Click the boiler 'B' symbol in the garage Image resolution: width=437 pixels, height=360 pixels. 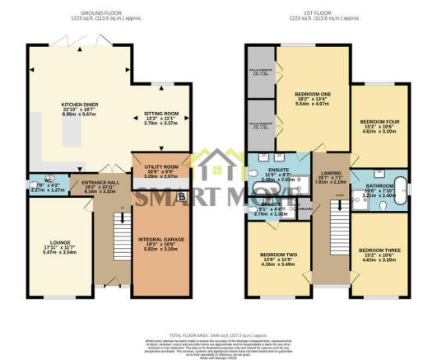point(182,197)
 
